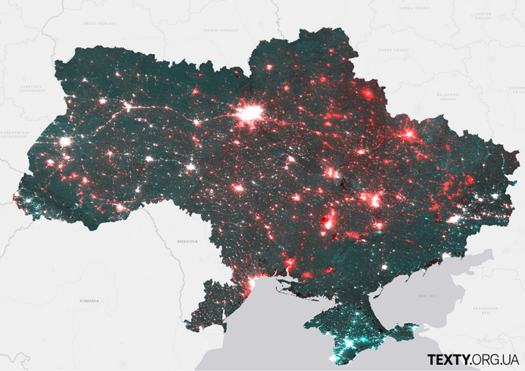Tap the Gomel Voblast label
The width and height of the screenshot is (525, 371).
(221, 30)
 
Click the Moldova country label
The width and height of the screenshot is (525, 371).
(187, 241)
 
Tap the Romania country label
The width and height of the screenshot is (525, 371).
(89, 301)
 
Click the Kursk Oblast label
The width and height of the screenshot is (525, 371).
(394, 50)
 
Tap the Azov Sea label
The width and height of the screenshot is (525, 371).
(426, 296)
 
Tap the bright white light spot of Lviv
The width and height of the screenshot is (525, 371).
(66, 142)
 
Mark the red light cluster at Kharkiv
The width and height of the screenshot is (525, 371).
(409, 135)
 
